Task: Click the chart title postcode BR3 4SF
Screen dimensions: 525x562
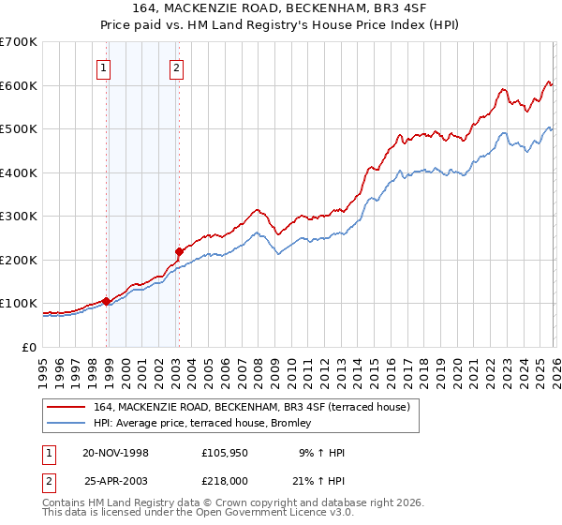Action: (397, 8)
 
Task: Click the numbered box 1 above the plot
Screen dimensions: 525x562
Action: (103, 67)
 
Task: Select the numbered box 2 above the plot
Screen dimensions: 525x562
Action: (176, 67)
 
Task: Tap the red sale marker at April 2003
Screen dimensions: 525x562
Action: (179, 251)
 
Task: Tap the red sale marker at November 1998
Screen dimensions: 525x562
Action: (106, 301)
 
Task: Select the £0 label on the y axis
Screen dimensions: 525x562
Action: (28, 347)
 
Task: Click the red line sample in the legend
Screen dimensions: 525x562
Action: (67, 407)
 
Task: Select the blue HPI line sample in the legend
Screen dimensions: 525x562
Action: (67, 424)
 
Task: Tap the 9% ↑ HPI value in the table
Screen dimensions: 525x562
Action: (324, 453)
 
